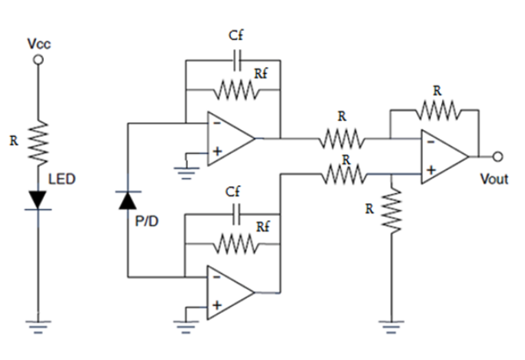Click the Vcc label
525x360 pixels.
pyautogui.click(x=38, y=45)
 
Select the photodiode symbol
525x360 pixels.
pyautogui.click(x=129, y=201)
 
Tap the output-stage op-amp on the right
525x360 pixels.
pyautogui.click(x=443, y=157)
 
